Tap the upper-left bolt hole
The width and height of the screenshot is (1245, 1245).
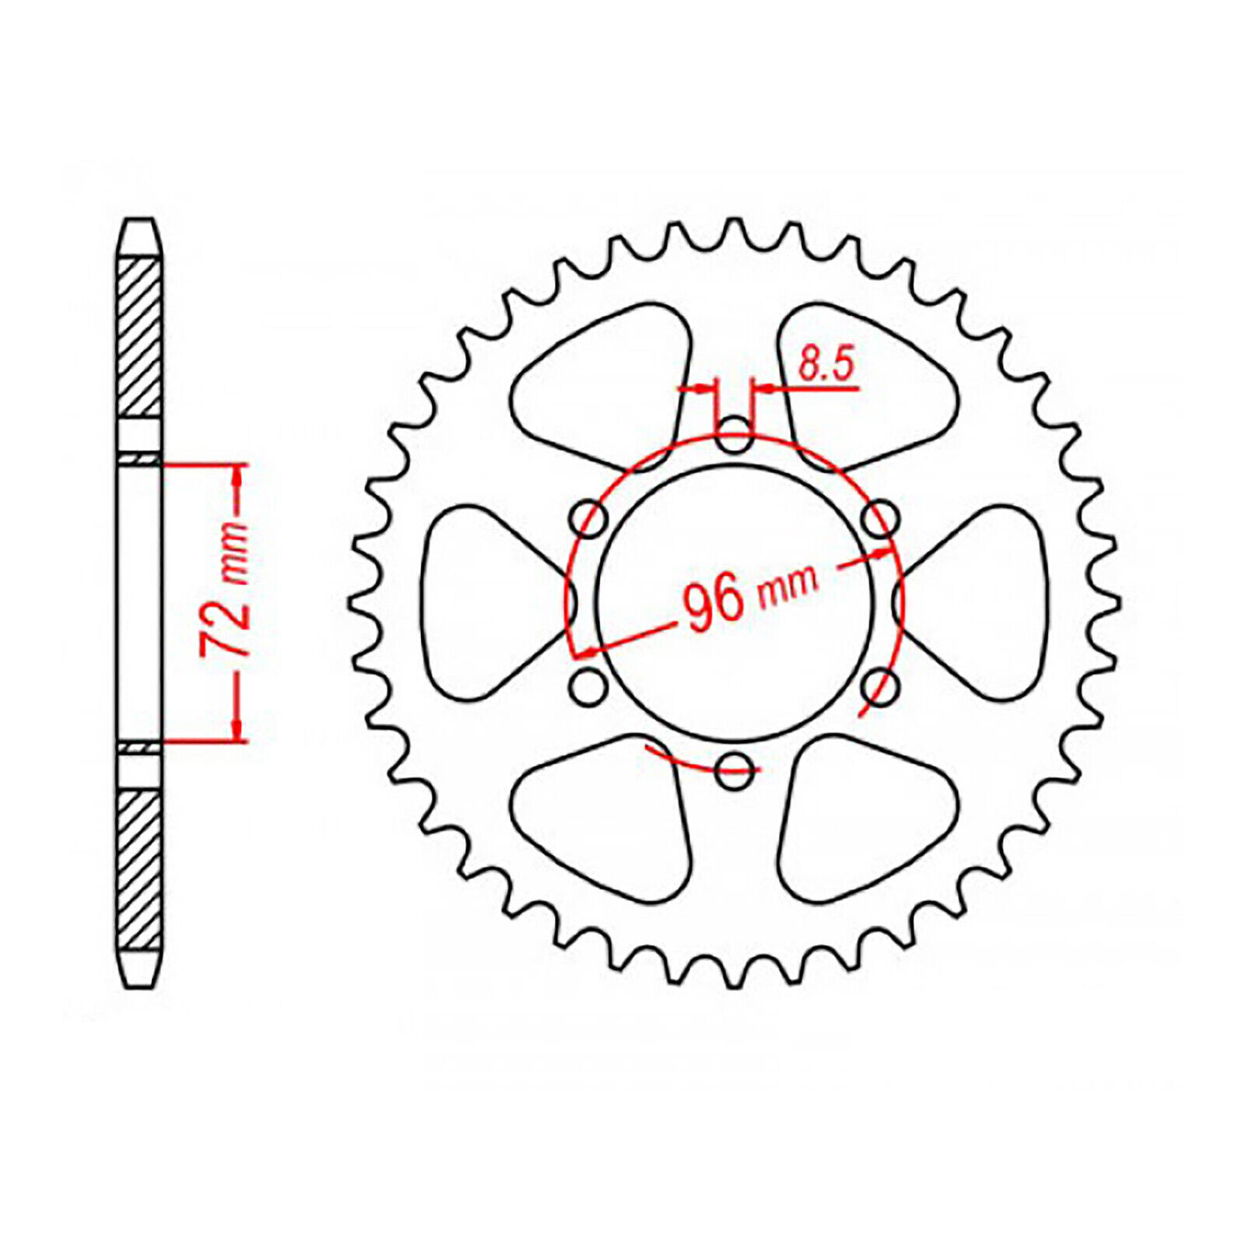point(589,518)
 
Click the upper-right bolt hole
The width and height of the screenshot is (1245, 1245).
point(879,518)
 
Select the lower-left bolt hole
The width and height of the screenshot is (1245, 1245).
point(589,686)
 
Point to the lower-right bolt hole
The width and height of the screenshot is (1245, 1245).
point(879,686)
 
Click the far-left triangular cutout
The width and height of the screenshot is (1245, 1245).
point(490,602)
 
